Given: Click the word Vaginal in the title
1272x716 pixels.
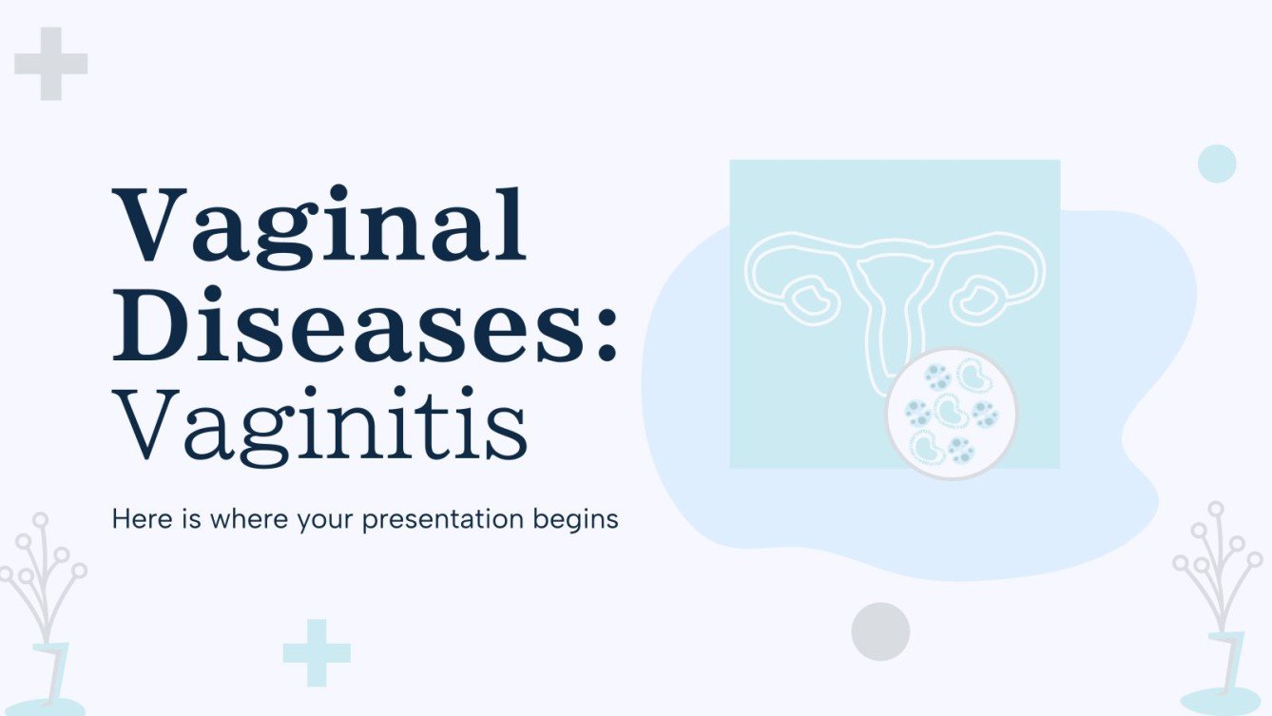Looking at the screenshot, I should pos(318,226).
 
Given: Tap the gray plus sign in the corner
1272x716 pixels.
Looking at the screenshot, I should pos(51,64).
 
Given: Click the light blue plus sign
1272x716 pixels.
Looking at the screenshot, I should pos(317,653).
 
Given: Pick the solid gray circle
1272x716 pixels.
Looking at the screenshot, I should pos(880,631).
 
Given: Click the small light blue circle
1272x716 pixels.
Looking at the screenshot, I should pos(1217,164).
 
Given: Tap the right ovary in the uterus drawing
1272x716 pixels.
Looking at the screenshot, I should pos(974,298).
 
